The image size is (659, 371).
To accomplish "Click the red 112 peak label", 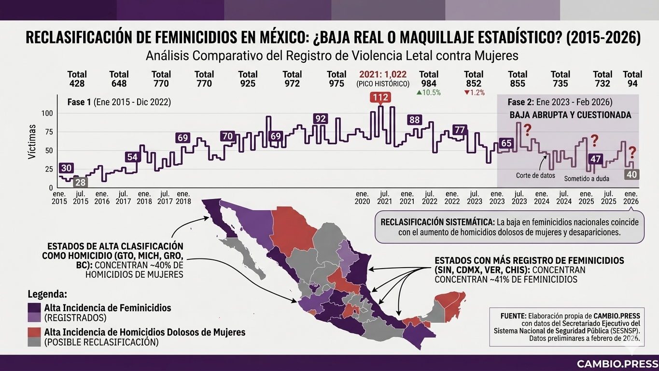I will [380, 98].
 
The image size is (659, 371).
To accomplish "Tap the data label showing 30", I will [67, 168].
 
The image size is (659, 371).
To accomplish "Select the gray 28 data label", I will [81, 182].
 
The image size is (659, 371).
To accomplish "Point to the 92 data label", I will [320, 119].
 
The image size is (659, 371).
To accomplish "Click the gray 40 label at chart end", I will [631, 174].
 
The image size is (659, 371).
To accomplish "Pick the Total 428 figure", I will [77, 79].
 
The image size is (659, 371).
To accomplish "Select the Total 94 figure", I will [632, 79].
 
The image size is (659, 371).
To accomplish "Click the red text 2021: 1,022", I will [383, 74].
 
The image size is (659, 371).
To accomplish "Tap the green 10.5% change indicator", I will [428, 93].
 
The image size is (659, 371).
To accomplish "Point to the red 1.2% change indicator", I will [474, 93].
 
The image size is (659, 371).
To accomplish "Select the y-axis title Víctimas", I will [31, 142].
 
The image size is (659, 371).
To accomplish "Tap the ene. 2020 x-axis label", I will [362, 197].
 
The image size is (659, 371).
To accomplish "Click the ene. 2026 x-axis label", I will [631, 197].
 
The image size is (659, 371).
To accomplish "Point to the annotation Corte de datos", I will [535, 175].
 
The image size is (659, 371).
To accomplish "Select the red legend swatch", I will [34, 332].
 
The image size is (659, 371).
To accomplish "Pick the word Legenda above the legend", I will [47, 294].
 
